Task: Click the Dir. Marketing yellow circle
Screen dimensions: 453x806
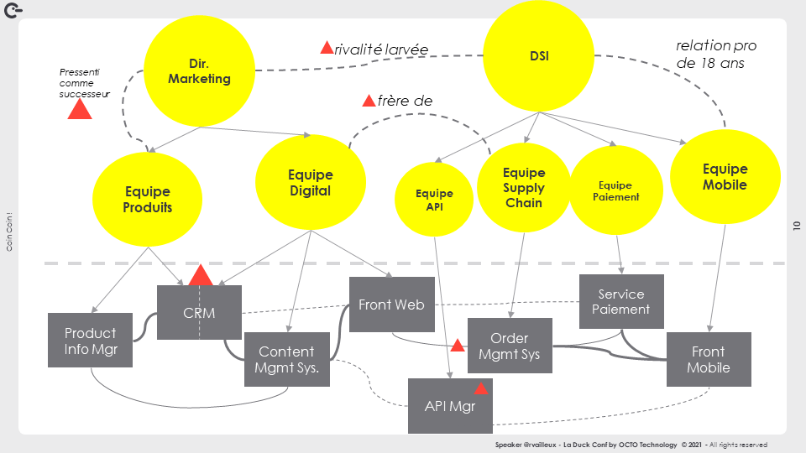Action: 198,72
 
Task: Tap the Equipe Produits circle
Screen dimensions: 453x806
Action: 148,199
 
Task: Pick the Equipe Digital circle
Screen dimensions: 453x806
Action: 310,183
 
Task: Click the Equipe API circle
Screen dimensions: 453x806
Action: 434,200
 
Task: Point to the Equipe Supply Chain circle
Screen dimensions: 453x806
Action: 524,188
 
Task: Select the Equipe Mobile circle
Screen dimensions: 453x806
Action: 725,177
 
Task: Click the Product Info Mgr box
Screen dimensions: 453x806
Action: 90,340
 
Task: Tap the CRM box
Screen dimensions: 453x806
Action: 199,313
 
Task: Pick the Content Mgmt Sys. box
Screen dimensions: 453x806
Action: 286,359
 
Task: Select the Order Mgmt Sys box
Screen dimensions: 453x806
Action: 510,346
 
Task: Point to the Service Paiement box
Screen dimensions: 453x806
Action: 621,301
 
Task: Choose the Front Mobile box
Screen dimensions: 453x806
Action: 709,359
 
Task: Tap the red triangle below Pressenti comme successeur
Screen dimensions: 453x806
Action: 79,109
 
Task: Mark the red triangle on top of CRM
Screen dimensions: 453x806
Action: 200,275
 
